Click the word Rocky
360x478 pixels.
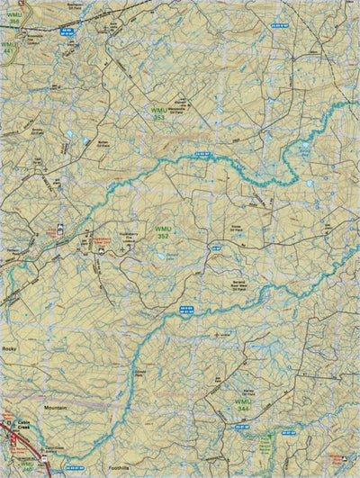coord(10,347)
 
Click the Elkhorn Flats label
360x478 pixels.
coord(140,369)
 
